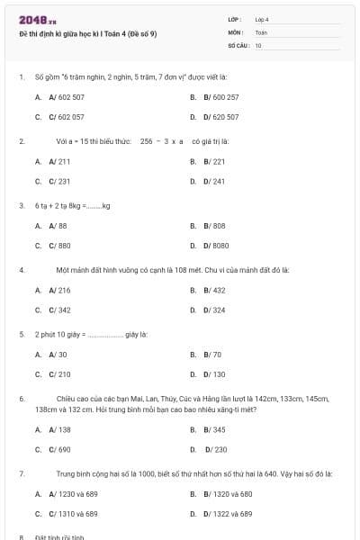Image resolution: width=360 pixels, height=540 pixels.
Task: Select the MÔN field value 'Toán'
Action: [x=261, y=31]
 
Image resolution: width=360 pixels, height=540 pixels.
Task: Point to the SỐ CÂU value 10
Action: [x=258, y=44]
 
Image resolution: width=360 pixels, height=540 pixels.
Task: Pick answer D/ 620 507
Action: [x=220, y=117]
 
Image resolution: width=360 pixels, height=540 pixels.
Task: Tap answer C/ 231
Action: [x=59, y=181]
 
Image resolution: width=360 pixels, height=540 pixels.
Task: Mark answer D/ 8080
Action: [x=216, y=245]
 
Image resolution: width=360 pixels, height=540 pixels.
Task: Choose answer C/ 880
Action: [x=59, y=245]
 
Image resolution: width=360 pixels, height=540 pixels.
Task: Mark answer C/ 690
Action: [x=59, y=449]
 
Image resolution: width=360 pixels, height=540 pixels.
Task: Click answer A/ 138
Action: [x=59, y=429]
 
